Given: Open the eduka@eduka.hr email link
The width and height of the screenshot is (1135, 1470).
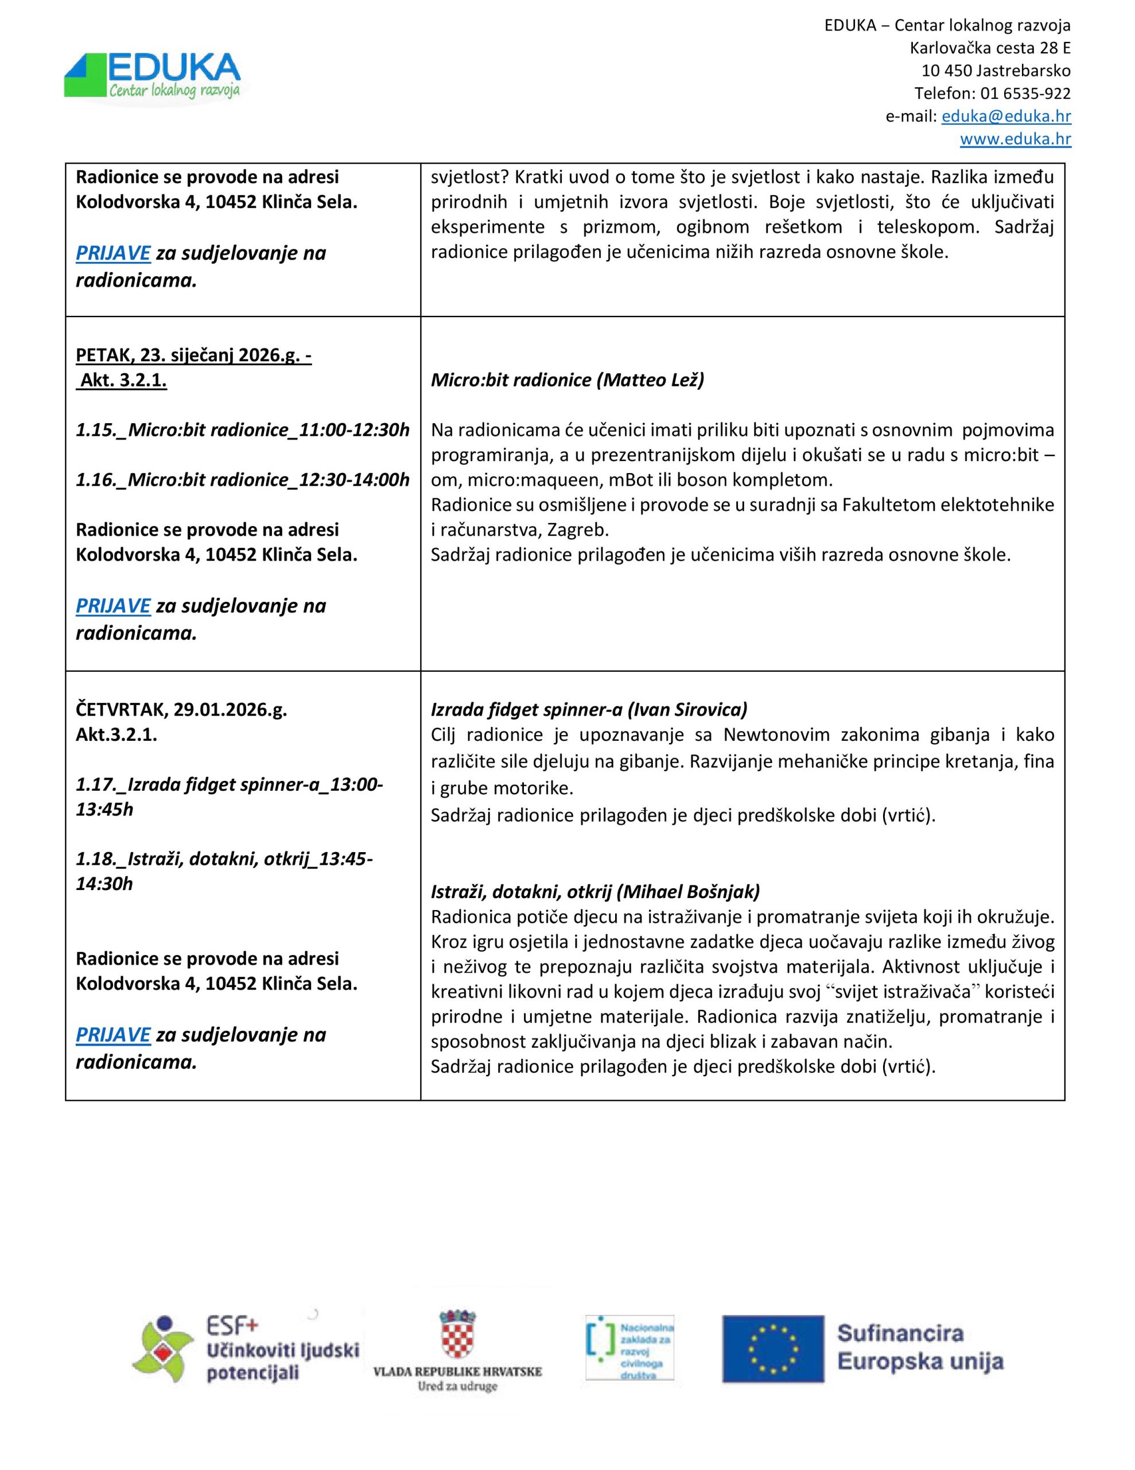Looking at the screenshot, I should coord(1006,117).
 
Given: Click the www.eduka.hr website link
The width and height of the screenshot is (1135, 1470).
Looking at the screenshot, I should coord(1014,140).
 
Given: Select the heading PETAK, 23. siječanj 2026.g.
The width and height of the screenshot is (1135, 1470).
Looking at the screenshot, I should coord(193,355).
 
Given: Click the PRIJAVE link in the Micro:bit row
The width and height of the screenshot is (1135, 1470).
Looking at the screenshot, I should coord(113,606).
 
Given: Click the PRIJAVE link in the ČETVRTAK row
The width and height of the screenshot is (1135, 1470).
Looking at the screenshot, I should coord(113,1035).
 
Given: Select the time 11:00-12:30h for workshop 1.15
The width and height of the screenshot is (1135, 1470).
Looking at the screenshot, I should coord(354,430).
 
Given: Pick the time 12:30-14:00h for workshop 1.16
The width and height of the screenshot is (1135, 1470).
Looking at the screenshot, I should coord(354,480).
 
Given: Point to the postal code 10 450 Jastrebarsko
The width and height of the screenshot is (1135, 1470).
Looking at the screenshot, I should coord(996,71).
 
